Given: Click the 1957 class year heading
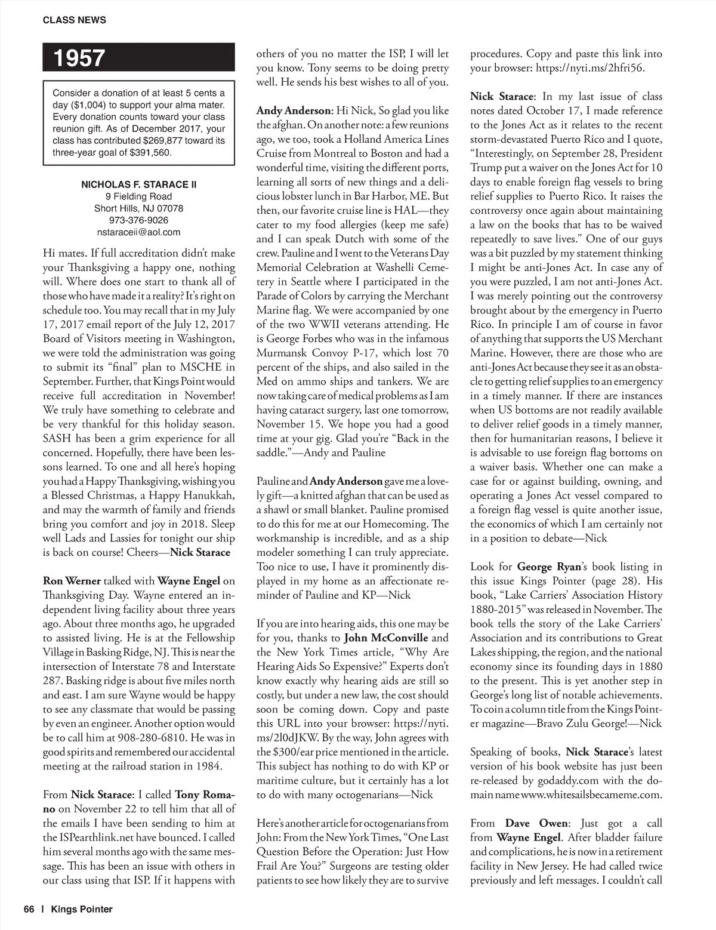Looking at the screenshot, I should pos(79,58).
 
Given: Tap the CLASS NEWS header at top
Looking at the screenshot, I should pos(75,20).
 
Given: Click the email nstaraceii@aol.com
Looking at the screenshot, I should pos(138,232).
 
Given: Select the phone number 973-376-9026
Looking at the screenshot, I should pos(138,220).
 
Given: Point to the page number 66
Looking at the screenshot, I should pos(29,909).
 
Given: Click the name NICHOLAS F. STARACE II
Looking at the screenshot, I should pos(138,184).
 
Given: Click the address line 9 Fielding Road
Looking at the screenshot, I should pos(138,196).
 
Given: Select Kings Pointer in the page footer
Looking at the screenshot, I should pos(82,909).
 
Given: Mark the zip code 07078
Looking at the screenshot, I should pos(169,208).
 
